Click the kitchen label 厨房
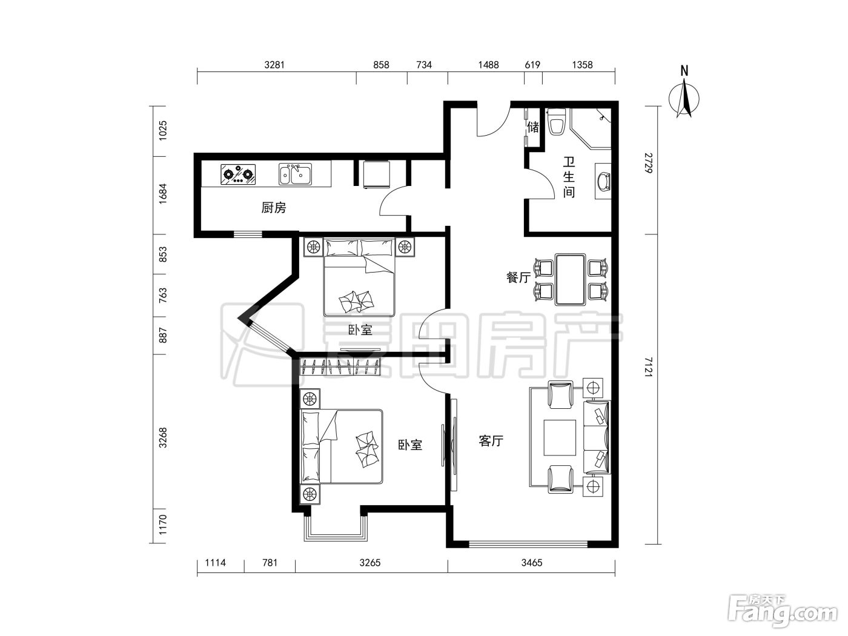(274, 208)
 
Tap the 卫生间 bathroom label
(569, 177)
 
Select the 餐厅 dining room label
(518, 277)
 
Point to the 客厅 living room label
(491, 440)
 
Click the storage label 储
(533, 127)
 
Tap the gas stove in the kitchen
(239, 174)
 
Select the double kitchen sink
(295, 174)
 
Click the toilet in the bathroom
(557, 122)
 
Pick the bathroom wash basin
(603, 181)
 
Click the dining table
(570, 280)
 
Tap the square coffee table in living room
(560, 437)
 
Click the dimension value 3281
(274, 64)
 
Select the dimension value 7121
(649, 367)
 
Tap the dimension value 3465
(532, 563)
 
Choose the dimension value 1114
(215, 563)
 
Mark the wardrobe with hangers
(340, 367)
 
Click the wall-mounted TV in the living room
(454, 445)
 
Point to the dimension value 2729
(649, 163)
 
